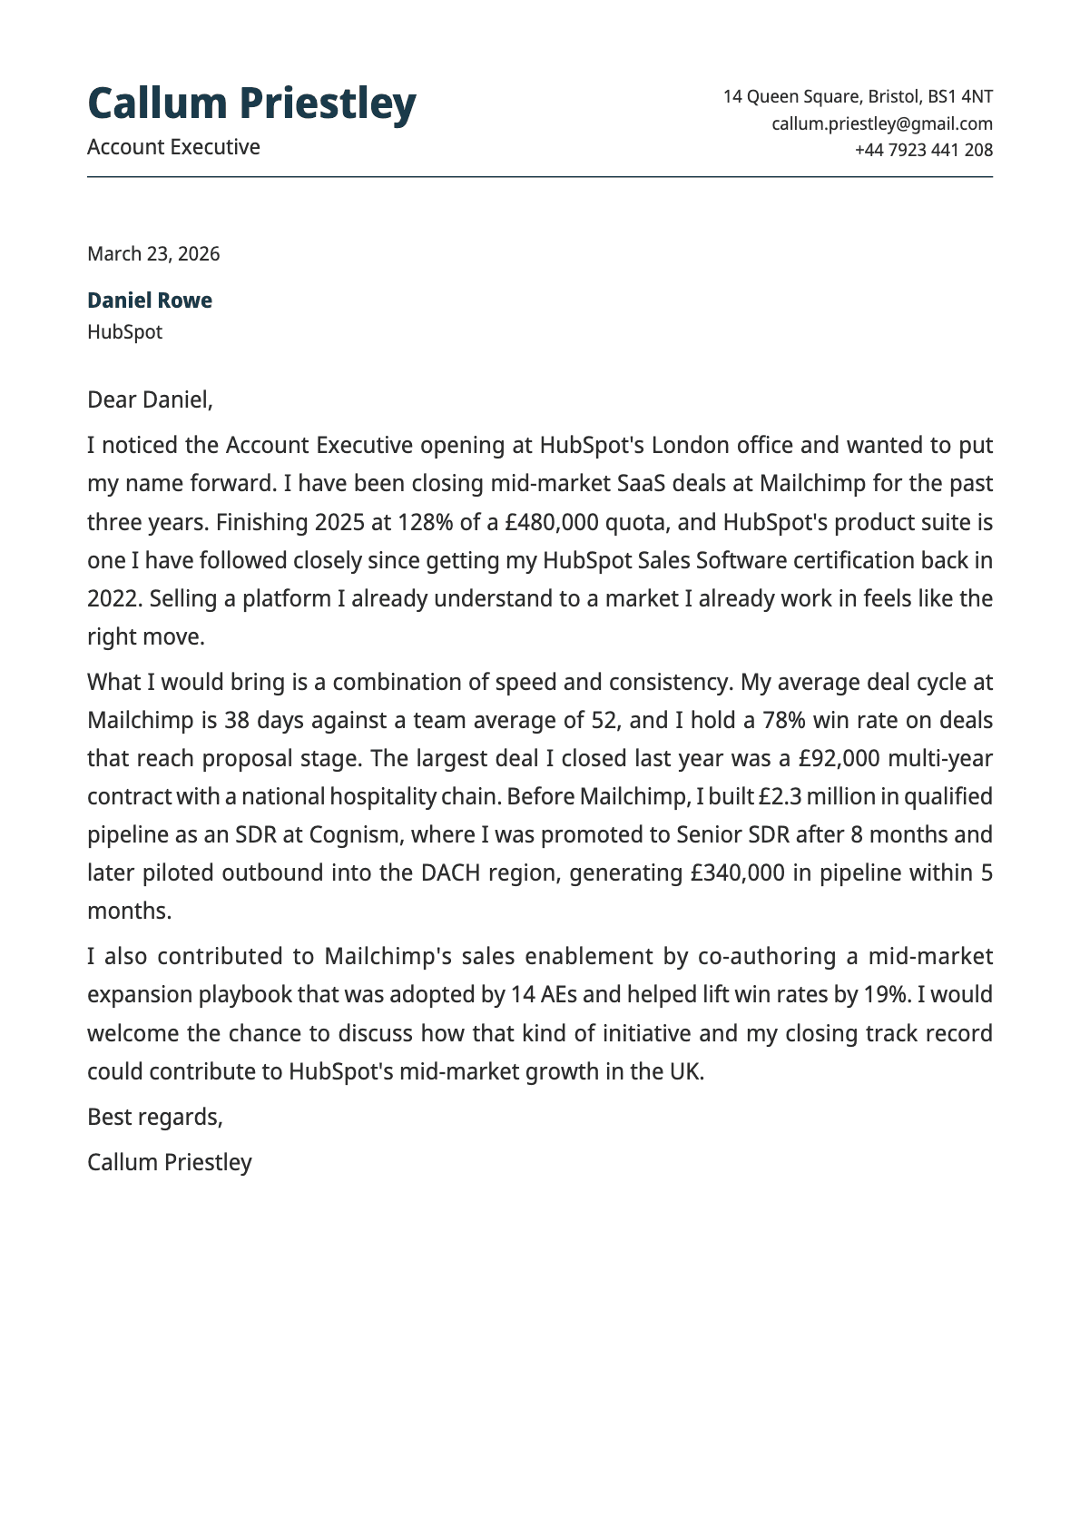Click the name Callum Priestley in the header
click(x=251, y=104)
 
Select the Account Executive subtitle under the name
click(x=173, y=147)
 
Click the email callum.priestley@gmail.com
click(x=881, y=123)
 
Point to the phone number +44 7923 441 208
click(x=923, y=150)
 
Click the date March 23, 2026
click(x=153, y=253)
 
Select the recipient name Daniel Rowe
click(x=150, y=301)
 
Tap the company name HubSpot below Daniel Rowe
click(x=124, y=332)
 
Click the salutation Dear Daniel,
click(x=150, y=399)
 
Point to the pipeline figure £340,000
click(x=737, y=873)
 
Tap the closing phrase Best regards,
click(x=155, y=1117)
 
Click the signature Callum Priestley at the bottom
click(x=170, y=1162)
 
